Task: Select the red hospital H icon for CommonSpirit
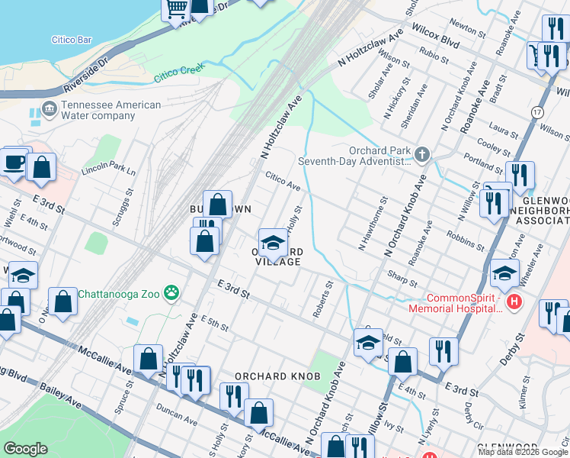tap(514, 302)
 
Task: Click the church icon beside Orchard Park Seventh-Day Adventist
tap(423, 156)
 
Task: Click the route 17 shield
tap(537, 112)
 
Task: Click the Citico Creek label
tap(176, 74)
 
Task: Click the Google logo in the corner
tap(25, 449)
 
